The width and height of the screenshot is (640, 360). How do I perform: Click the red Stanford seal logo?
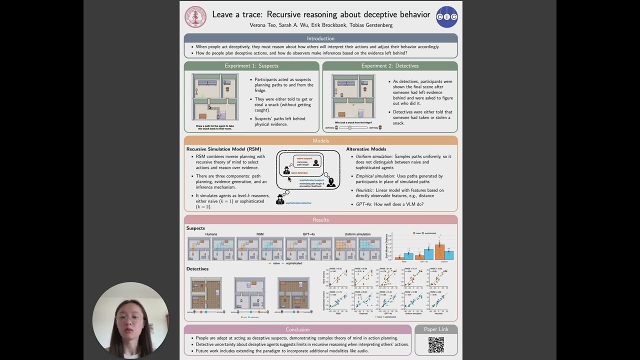(195, 17)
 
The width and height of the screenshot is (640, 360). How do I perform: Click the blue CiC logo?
(446, 17)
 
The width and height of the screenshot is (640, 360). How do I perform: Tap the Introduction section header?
(320, 38)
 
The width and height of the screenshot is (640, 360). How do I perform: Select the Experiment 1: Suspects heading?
(251, 65)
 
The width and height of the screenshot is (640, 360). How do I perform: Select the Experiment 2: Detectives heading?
(390, 65)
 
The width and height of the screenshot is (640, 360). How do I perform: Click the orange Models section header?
(320, 140)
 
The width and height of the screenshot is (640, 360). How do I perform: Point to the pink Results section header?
(320, 219)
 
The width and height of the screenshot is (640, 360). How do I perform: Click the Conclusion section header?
(297, 329)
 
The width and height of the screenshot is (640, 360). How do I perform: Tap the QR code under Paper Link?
(436, 345)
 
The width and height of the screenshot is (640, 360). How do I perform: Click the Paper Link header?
(436, 329)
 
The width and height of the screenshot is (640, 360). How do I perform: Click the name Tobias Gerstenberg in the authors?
(371, 25)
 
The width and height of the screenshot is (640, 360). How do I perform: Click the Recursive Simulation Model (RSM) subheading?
(223, 149)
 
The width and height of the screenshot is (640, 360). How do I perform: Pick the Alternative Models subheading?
(366, 149)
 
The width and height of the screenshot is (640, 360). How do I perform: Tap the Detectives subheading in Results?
(197, 269)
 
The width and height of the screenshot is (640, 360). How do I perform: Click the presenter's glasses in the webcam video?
(129, 318)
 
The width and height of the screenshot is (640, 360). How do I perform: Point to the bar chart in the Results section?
(422, 247)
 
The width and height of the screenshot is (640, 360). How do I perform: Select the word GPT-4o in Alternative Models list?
(363, 204)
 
